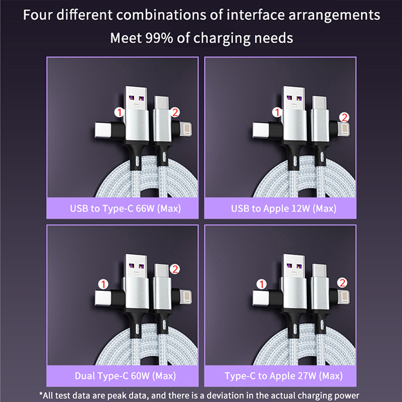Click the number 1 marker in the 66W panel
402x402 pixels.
point(119,112)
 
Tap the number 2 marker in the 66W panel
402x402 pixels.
point(175,112)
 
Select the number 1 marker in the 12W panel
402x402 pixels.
point(277,112)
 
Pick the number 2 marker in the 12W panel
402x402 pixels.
point(344,117)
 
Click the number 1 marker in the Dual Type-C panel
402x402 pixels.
point(104,284)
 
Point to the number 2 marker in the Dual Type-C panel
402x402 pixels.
point(175,269)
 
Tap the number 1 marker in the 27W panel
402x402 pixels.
point(261,284)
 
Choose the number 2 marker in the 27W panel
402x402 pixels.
point(342,283)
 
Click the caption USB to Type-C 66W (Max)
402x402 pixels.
point(125,209)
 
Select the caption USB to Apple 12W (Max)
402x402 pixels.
point(283,209)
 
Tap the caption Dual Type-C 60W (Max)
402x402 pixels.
point(125,376)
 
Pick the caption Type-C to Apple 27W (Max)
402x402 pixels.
point(283,376)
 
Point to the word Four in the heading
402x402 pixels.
point(38,15)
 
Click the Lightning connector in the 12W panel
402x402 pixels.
point(343,129)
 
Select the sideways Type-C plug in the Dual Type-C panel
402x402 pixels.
point(104,298)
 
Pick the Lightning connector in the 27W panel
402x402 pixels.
point(343,296)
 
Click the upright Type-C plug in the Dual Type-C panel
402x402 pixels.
point(161,271)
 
